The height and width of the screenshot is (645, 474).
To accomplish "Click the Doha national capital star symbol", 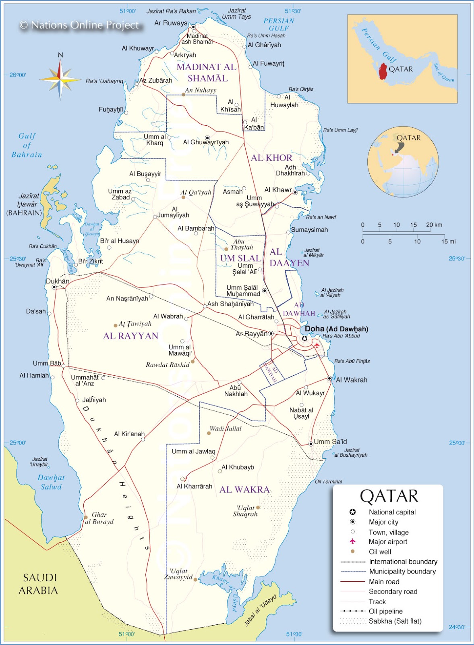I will (304, 338).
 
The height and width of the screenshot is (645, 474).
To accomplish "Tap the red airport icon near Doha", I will (317, 345).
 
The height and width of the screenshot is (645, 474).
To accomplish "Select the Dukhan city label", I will (57, 281).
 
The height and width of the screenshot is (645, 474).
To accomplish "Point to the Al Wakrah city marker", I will (329, 378).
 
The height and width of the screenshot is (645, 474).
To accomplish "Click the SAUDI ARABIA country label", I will (39, 584).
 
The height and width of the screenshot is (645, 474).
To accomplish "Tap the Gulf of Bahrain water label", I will (27, 145).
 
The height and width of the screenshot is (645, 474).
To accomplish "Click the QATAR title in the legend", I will (389, 496).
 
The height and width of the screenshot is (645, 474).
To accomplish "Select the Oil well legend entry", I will (380, 552).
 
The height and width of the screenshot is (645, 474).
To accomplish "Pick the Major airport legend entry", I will (387, 542).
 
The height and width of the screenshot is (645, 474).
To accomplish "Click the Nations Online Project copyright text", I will (80, 25).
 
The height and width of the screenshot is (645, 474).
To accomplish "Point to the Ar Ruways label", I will (171, 23).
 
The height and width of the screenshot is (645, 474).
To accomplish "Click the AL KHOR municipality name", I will (271, 158).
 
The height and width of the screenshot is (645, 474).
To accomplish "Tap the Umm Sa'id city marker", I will (310, 444).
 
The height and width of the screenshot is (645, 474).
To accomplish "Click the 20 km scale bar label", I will (434, 225).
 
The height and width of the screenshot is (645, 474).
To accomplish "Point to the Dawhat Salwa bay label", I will (51, 482).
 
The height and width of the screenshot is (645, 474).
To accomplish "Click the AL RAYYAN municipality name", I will (130, 336).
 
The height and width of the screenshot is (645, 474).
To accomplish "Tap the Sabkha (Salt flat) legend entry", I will (395, 621).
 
